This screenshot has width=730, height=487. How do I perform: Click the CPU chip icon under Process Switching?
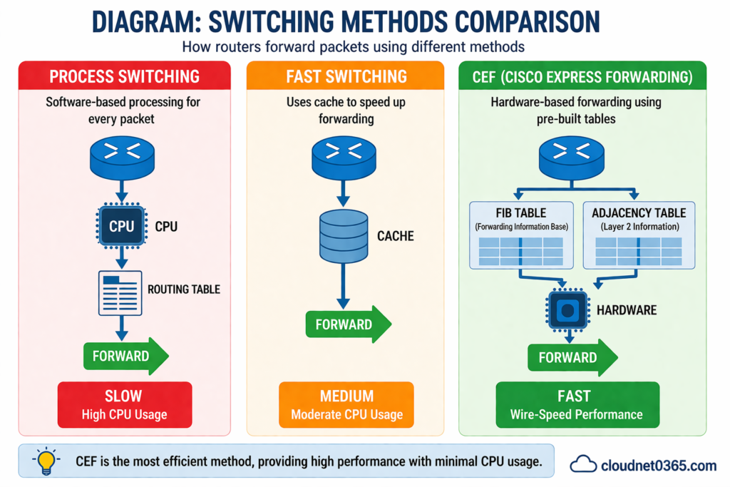[121, 227]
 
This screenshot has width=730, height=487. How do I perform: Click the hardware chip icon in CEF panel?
[567, 310]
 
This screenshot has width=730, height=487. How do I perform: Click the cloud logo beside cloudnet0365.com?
[583, 464]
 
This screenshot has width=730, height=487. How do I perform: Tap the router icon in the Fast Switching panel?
[344, 158]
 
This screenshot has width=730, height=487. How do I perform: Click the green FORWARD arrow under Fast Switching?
[348, 325]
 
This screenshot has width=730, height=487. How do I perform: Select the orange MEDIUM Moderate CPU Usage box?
[346, 404]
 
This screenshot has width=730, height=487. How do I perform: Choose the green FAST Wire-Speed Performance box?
[577, 404]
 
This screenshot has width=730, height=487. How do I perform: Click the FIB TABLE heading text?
[522, 212]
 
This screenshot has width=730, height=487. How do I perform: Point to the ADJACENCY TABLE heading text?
[639, 212]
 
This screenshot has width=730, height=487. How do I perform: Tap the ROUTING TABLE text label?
[184, 289]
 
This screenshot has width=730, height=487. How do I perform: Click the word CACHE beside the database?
[396, 236]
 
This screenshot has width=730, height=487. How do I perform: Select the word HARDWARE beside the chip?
[627, 310]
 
